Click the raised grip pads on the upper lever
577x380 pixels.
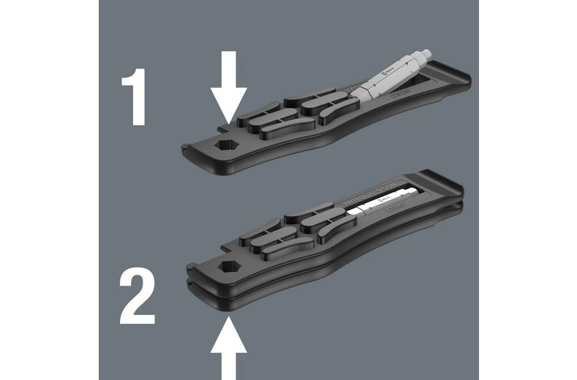(286, 113)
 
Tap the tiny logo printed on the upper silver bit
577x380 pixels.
(387, 69)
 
